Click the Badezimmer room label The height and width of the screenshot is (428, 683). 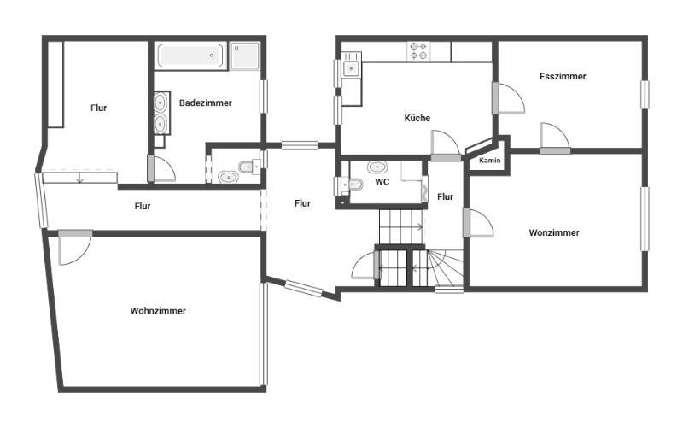point(205,103)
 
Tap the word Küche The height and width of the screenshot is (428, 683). point(417,118)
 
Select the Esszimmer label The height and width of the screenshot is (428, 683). point(563,76)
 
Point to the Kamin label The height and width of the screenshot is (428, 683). point(489,161)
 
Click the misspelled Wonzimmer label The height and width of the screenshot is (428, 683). point(554,232)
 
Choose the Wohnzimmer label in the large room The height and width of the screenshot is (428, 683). point(158,311)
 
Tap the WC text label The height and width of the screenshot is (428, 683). point(382,182)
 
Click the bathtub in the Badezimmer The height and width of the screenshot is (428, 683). point(190,56)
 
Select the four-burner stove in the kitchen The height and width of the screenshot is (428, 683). point(418,51)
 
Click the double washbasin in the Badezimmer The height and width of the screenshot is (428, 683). point(161,113)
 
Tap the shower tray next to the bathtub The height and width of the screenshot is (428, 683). point(245,56)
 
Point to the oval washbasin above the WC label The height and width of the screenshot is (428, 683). point(377,167)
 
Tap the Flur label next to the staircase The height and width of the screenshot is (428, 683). point(445,197)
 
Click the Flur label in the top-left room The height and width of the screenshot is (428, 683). point(98,108)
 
